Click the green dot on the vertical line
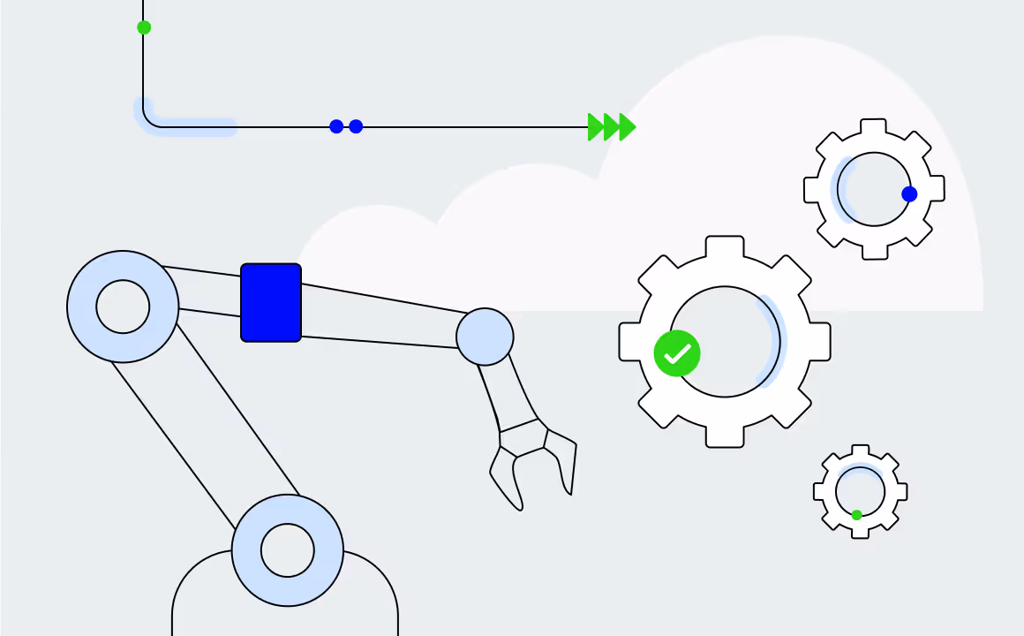click(x=144, y=27)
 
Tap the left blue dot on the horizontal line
click(x=336, y=126)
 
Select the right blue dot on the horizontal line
click(x=356, y=126)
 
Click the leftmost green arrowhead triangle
click(x=596, y=126)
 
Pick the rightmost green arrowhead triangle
click(x=627, y=126)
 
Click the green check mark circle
click(x=677, y=353)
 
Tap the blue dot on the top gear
click(x=909, y=194)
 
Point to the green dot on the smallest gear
click(x=856, y=515)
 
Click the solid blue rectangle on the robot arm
click(x=271, y=302)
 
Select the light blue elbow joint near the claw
click(x=485, y=337)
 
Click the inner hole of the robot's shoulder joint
click(x=123, y=307)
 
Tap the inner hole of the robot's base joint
click(x=288, y=550)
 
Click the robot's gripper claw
click(x=530, y=464)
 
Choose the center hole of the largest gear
click(x=725, y=341)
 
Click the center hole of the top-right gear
click(x=874, y=189)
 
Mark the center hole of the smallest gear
click(x=860, y=491)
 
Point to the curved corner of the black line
click(x=148, y=121)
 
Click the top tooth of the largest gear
click(x=725, y=246)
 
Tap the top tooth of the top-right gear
click(x=874, y=128)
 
